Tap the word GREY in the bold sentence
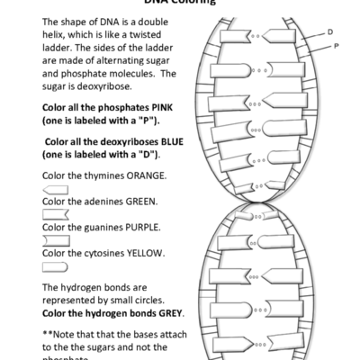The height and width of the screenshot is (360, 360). [167, 313]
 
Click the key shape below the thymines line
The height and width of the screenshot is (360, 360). [56, 188]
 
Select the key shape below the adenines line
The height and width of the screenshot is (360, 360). [56, 214]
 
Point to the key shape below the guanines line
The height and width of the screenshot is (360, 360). [56, 240]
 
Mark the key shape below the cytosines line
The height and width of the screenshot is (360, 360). [56, 266]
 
